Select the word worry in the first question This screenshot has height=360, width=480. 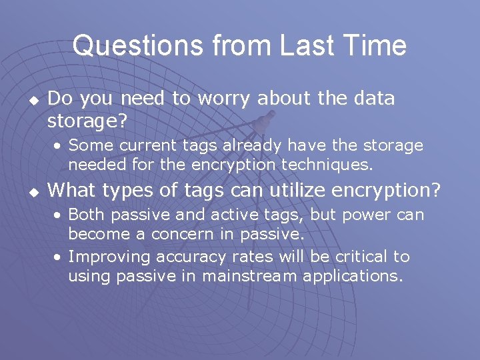point(223,99)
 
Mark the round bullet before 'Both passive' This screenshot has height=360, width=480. point(60,215)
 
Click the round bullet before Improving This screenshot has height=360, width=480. point(60,257)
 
